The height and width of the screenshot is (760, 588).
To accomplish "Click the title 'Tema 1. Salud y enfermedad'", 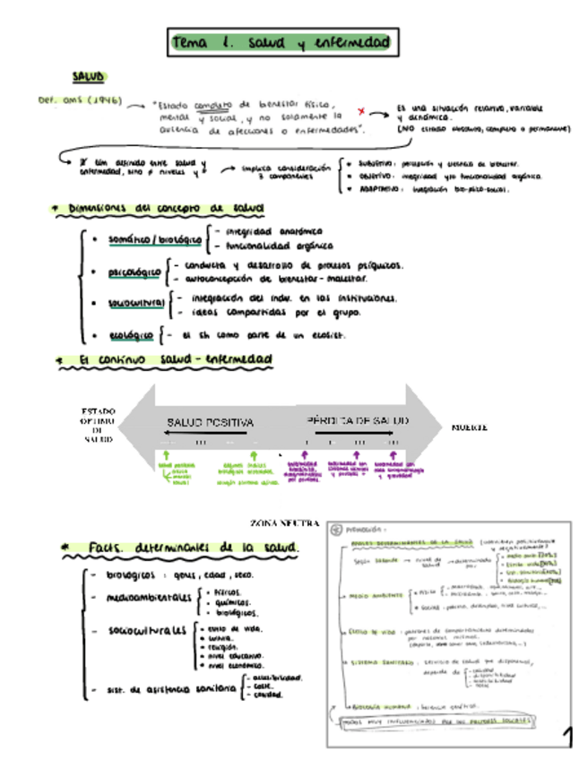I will pyautogui.click(x=281, y=42).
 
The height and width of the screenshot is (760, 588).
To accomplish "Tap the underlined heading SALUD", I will pyautogui.click(x=89, y=78).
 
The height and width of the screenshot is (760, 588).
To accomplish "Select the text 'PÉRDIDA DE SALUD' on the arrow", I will pyautogui.click(x=358, y=420).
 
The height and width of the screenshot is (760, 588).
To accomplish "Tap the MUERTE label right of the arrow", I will pyautogui.click(x=469, y=428).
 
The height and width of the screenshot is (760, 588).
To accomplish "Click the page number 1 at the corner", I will pyautogui.click(x=566, y=737).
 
